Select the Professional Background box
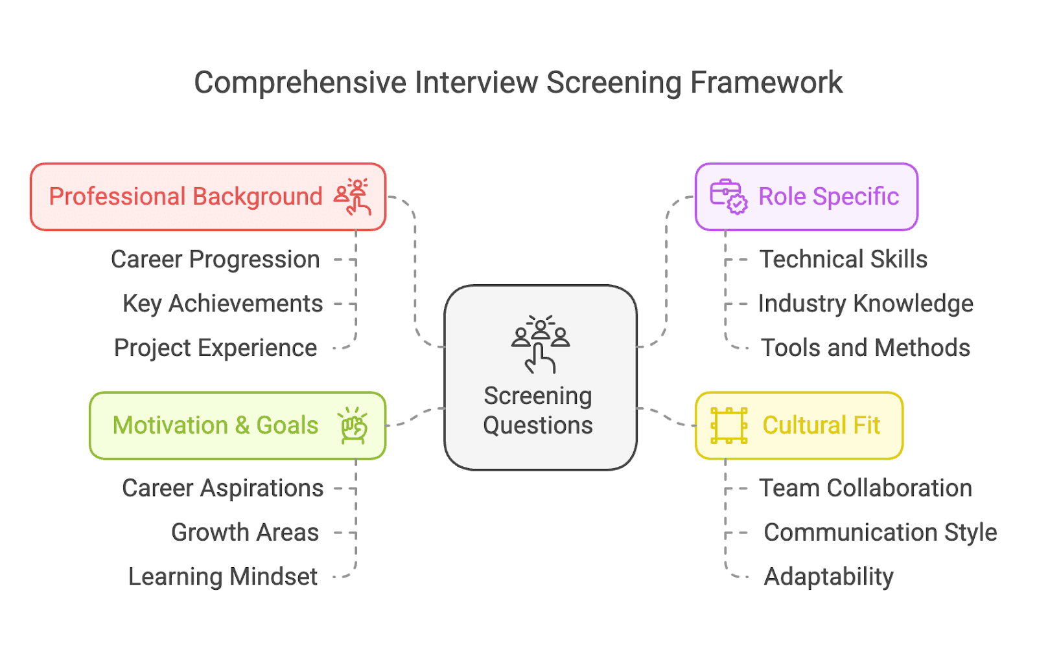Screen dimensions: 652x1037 click(208, 197)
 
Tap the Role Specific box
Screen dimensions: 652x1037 click(806, 197)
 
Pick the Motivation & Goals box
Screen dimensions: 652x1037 click(237, 425)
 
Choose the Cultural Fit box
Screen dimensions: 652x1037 click(798, 425)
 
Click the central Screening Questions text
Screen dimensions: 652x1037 click(538, 410)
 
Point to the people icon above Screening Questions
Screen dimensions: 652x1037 click(541, 344)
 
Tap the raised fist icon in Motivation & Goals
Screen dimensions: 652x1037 click(353, 425)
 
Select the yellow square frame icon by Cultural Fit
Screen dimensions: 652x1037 click(728, 425)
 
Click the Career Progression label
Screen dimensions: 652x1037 click(215, 260)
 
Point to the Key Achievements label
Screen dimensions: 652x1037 click(223, 304)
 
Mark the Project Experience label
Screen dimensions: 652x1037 click(215, 348)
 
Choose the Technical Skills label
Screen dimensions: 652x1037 click(843, 260)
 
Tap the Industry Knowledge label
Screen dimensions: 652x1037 click(865, 304)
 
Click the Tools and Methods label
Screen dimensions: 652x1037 click(865, 348)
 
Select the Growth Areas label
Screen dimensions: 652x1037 click(245, 532)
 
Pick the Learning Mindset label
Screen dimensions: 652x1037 click(223, 577)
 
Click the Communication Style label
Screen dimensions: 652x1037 click(880, 532)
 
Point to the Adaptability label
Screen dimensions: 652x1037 click(828, 577)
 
